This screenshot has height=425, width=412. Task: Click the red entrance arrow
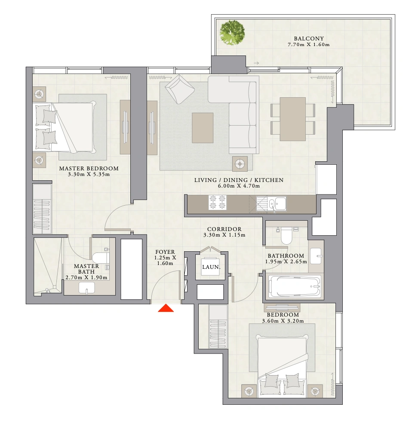[x=166, y=308]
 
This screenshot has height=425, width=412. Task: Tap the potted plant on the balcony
[x=232, y=31]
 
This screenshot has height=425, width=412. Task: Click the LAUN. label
[x=211, y=267]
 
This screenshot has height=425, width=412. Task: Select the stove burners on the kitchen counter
[x=217, y=202]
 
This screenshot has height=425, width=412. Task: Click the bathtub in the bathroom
[x=295, y=287]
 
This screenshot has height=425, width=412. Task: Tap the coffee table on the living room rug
[x=203, y=128]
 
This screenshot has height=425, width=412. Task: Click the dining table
[x=293, y=119]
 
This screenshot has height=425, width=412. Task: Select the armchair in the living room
[x=179, y=89]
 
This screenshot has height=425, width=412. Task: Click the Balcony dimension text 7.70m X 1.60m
[x=309, y=44]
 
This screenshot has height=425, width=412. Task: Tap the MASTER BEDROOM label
[x=89, y=168]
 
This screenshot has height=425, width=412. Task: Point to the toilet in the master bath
[x=101, y=258]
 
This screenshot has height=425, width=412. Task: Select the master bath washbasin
[x=86, y=288]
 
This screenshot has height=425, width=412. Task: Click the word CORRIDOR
[x=224, y=229]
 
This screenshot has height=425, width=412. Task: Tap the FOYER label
[x=165, y=252]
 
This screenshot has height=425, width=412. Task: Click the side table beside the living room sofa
[x=240, y=164]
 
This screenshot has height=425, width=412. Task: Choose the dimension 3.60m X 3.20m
[x=283, y=321]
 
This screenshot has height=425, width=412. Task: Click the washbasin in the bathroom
[x=316, y=256]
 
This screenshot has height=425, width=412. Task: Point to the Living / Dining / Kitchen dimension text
[x=239, y=186]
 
